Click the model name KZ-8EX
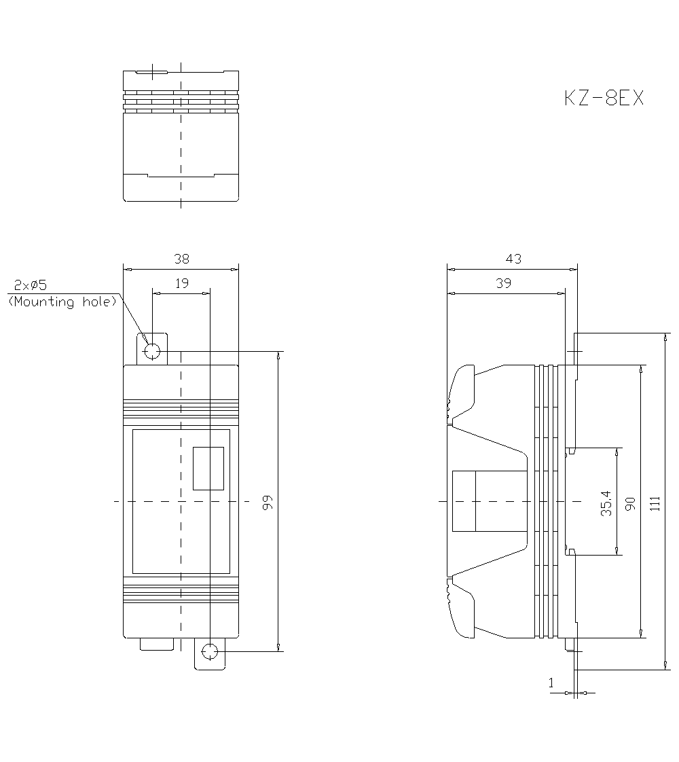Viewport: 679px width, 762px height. tap(603, 98)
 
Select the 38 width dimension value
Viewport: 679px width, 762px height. tap(181, 259)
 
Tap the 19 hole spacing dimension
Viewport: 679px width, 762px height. tap(181, 283)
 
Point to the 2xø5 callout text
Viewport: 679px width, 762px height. tap(31, 285)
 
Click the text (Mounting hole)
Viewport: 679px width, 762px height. tap(62, 302)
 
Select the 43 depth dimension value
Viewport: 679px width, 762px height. tap(513, 259)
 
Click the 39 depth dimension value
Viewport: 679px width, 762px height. tap(503, 283)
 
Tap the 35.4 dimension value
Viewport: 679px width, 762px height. tap(606, 503)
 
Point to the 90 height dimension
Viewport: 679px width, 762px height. tap(629, 503)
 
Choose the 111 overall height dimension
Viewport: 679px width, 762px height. tap(654, 503)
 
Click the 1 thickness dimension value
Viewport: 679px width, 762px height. tap(551, 684)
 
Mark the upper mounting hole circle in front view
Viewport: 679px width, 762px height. tap(152, 351)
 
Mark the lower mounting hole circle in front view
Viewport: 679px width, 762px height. tap(210, 653)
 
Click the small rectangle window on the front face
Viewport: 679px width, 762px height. tap(208, 468)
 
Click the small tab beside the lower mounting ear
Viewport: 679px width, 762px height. tap(157, 645)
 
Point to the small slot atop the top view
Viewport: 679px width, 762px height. tap(151, 71)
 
